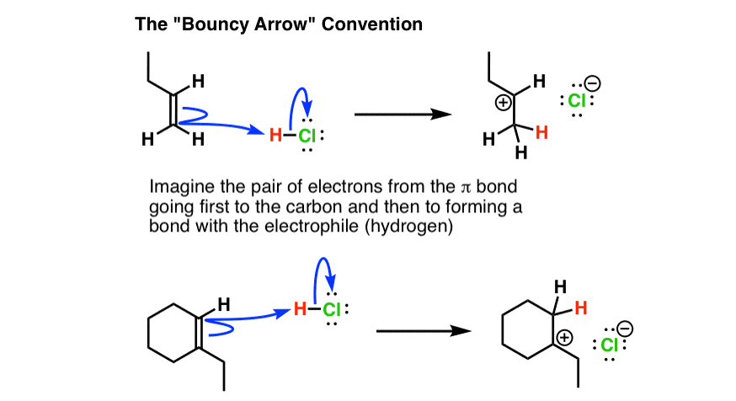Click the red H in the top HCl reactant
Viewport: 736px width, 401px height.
[x=275, y=136]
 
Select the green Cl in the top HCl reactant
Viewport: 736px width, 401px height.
[x=307, y=136]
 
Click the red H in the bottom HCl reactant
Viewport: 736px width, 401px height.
[x=301, y=309]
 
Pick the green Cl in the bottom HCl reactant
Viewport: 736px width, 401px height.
[x=332, y=309]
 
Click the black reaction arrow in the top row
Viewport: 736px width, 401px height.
[x=403, y=114]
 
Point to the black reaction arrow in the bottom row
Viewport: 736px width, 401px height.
[x=424, y=331]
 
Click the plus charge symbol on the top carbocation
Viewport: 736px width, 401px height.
[x=504, y=103]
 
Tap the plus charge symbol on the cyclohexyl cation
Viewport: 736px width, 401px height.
[x=565, y=338]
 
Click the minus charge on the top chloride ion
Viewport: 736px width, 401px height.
[x=593, y=83]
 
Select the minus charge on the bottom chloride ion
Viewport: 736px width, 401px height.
[x=625, y=329]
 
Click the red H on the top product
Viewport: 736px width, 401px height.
[x=541, y=133]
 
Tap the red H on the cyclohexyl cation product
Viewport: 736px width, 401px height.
[x=581, y=308]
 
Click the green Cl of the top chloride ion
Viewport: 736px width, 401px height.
[x=577, y=100]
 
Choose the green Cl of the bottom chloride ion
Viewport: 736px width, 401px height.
[x=610, y=345]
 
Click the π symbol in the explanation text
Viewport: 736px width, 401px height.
[x=465, y=188]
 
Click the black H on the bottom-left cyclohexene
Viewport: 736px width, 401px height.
[x=224, y=305]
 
